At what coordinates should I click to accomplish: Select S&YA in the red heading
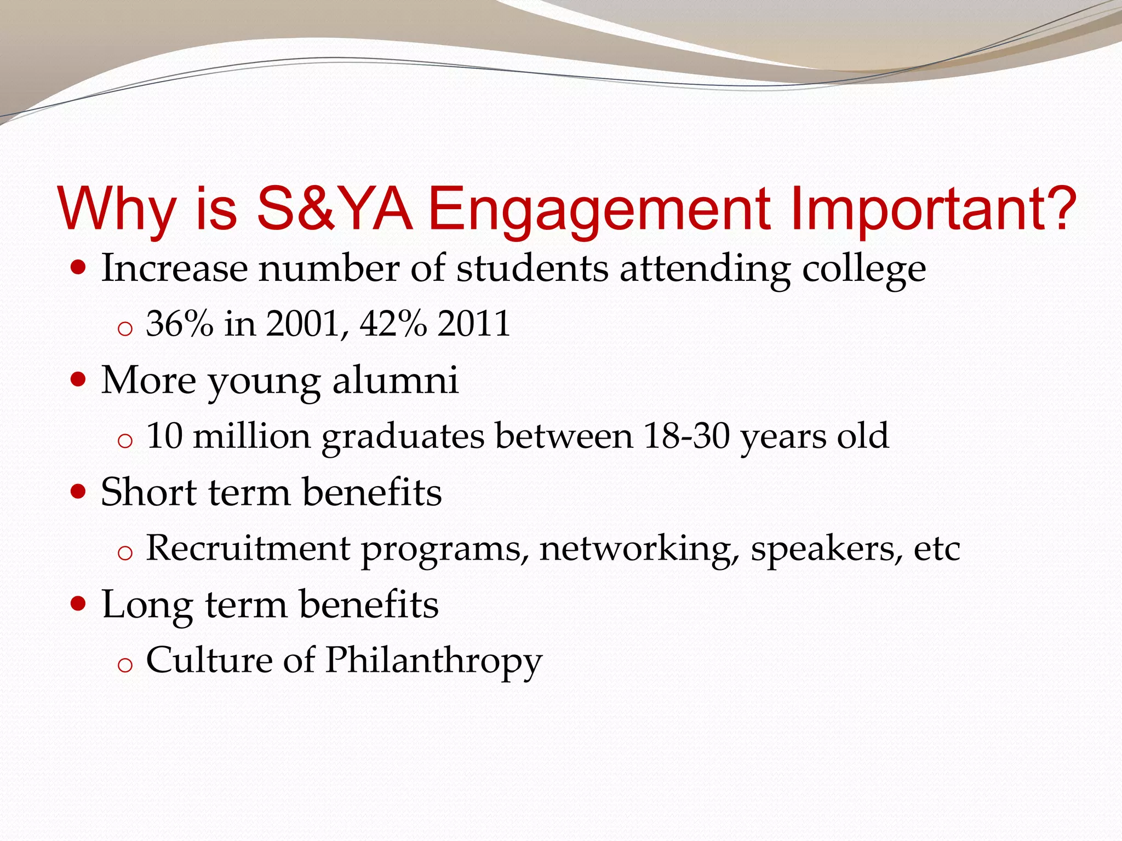coord(334,209)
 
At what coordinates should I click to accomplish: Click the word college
coord(864,269)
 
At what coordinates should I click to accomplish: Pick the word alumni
coord(395,380)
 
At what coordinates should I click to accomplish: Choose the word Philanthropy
coord(433,660)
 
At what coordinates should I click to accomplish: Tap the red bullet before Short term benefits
coord(79,492)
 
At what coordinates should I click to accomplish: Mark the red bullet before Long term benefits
coord(79,604)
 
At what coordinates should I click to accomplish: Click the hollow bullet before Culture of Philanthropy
coord(125,665)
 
